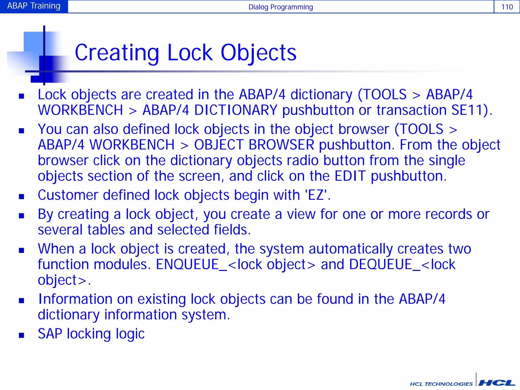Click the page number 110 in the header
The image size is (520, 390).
pos(507,7)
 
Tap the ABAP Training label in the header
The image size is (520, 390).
pos(34,6)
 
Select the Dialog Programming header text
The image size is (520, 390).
pos(281,7)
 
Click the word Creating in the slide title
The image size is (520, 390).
pos(117,53)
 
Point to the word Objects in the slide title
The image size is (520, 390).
pos(258,53)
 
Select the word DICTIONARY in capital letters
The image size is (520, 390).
pos(236,110)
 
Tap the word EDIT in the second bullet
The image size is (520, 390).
pos(350,176)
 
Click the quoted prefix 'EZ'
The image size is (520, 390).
pos(316,195)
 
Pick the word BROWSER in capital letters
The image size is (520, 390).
pos(281,145)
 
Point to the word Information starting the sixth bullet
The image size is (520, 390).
pos(75,299)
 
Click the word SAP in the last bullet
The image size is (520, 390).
pos(50,334)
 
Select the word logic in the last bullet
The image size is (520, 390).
pos(130,334)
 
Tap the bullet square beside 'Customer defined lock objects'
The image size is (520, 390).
pos(22,197)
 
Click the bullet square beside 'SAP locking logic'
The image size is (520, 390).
pos(22,335)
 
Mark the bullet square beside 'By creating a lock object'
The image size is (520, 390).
pos(22,216)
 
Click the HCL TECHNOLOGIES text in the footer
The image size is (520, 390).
pos(441,384)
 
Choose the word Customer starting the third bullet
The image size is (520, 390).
pos(68,195)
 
